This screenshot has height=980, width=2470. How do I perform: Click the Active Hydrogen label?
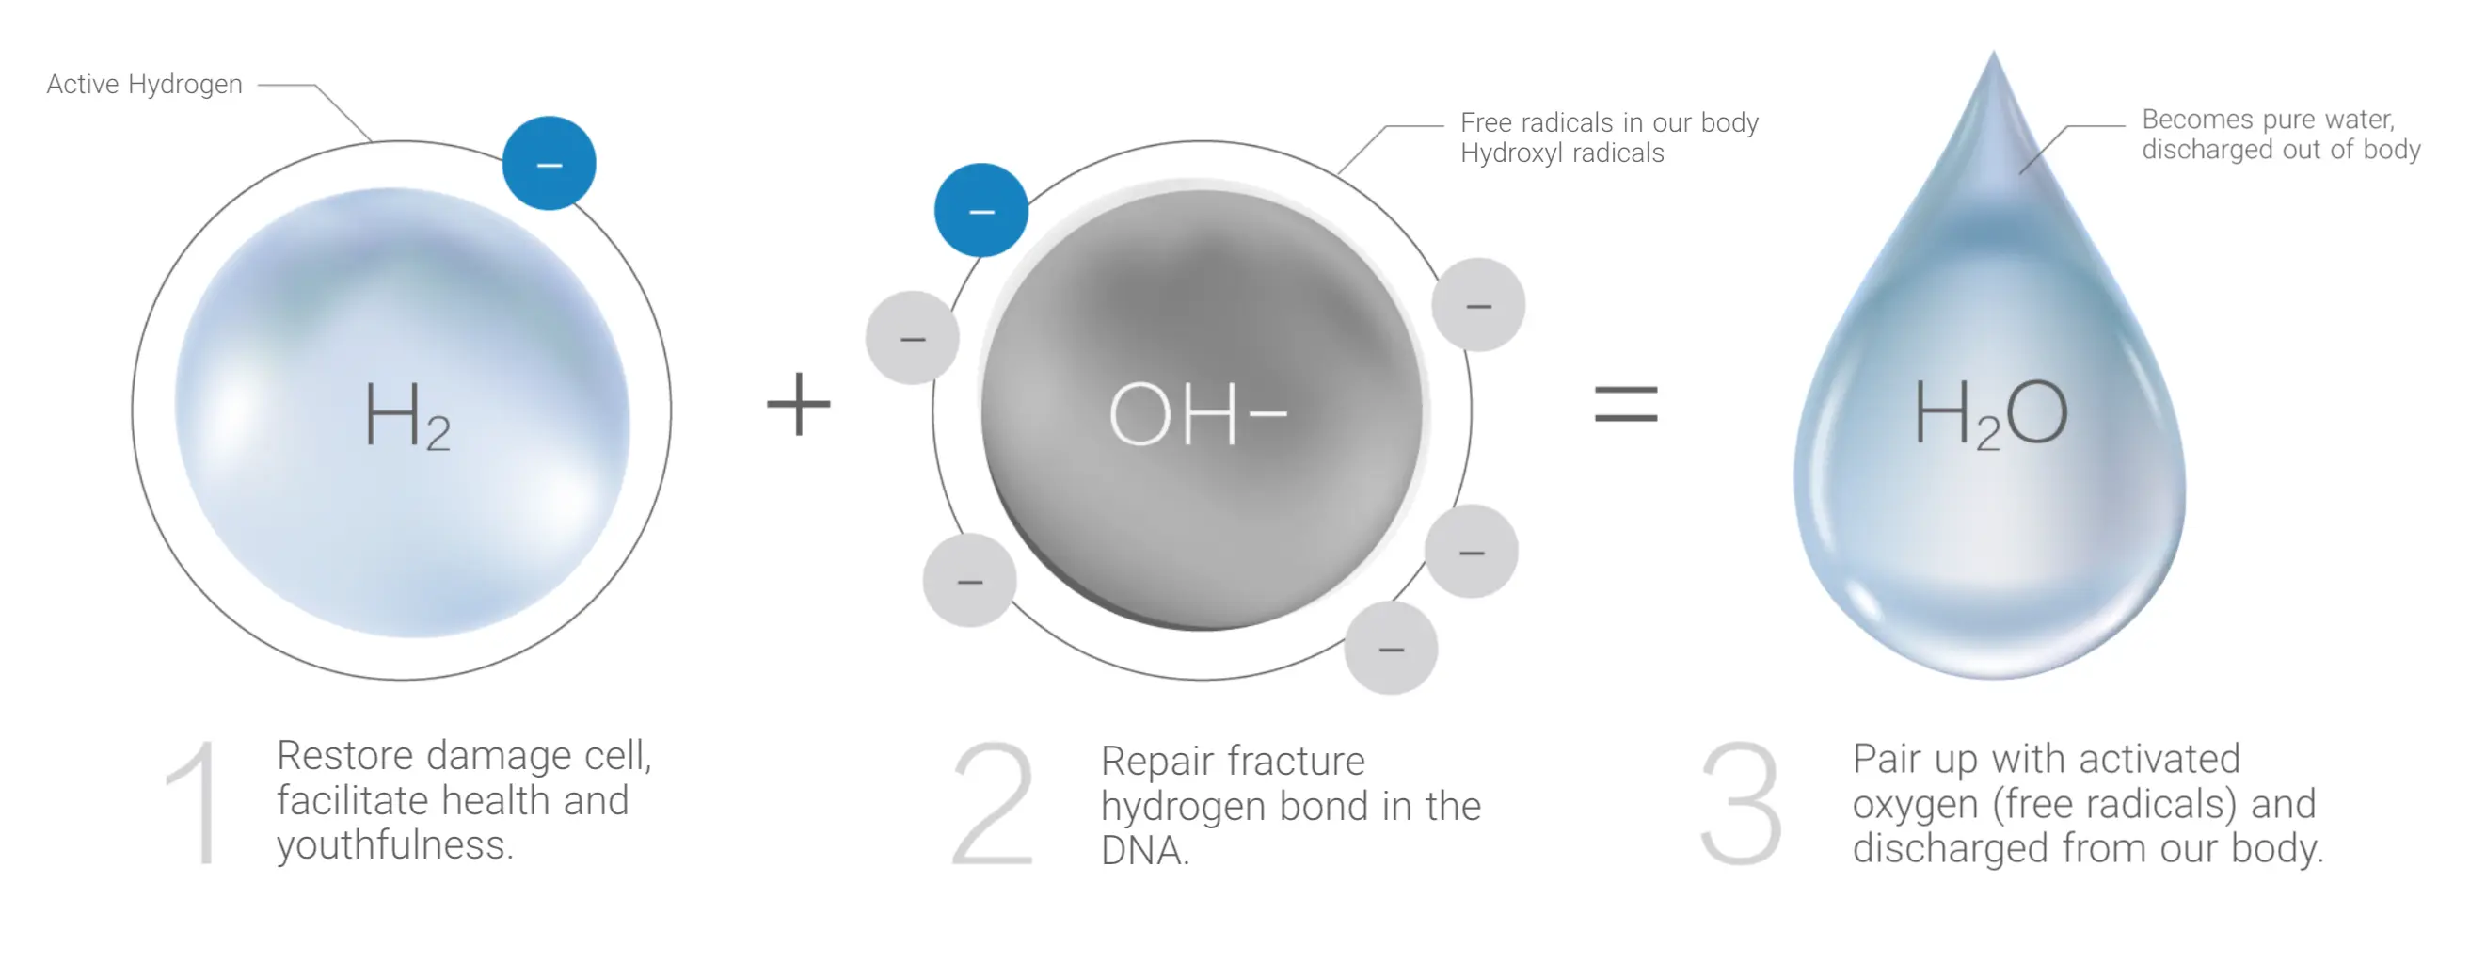pyautogui.click(x=144, y=85)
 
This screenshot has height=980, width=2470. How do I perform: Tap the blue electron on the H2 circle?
pyautogui.click(x=549, y=163)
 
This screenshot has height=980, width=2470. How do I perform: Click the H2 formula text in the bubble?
pyautogui.click(x=407, y=415)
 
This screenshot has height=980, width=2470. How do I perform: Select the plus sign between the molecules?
pyautogui.click(x=798, y=404)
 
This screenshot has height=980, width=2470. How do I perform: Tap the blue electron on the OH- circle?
pyautogui.click(x=980, y=210)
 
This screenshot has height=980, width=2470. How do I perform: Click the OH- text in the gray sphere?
pyautogui.click(x=1198, y=414)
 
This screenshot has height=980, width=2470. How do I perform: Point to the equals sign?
pyautogui.click(x=1625, y=404)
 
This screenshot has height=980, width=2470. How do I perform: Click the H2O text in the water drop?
pyautogui.click(x=1990, y=413)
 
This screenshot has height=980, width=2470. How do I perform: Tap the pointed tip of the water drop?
pyautogui.click(x=1994, y=52)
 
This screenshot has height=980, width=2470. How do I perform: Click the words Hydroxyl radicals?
pyautogui.click(x=1562, y=153)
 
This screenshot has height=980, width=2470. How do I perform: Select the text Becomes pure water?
pyautogui.click(x=2269, y=120)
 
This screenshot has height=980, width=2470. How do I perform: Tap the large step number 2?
pyautogui.click(x=994, y=804)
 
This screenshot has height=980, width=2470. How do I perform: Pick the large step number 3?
pyautogui.click(x=1742, y=804)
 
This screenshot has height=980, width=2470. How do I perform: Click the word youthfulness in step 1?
pyautogui.click(x=394, y=845)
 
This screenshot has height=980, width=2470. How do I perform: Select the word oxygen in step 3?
pyautogui.click(x=1915, y=806)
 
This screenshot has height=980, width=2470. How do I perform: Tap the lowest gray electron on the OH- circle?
pyautogui.click(x=1391, y=649)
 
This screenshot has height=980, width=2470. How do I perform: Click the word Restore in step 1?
pyautogui.click(x=345, y=756)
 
